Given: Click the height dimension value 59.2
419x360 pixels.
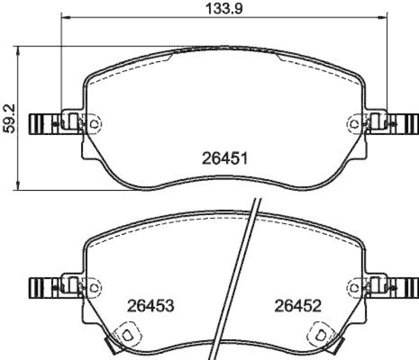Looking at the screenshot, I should click(x=7, y=119).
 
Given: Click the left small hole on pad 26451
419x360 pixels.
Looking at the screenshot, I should click(x=94, y=123).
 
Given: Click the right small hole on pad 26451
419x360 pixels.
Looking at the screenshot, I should click(x=355, y=123).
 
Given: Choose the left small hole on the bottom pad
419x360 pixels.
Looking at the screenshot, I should click(x=94, y=287).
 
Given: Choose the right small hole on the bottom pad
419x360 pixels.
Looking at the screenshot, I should click(x=355, y=287).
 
